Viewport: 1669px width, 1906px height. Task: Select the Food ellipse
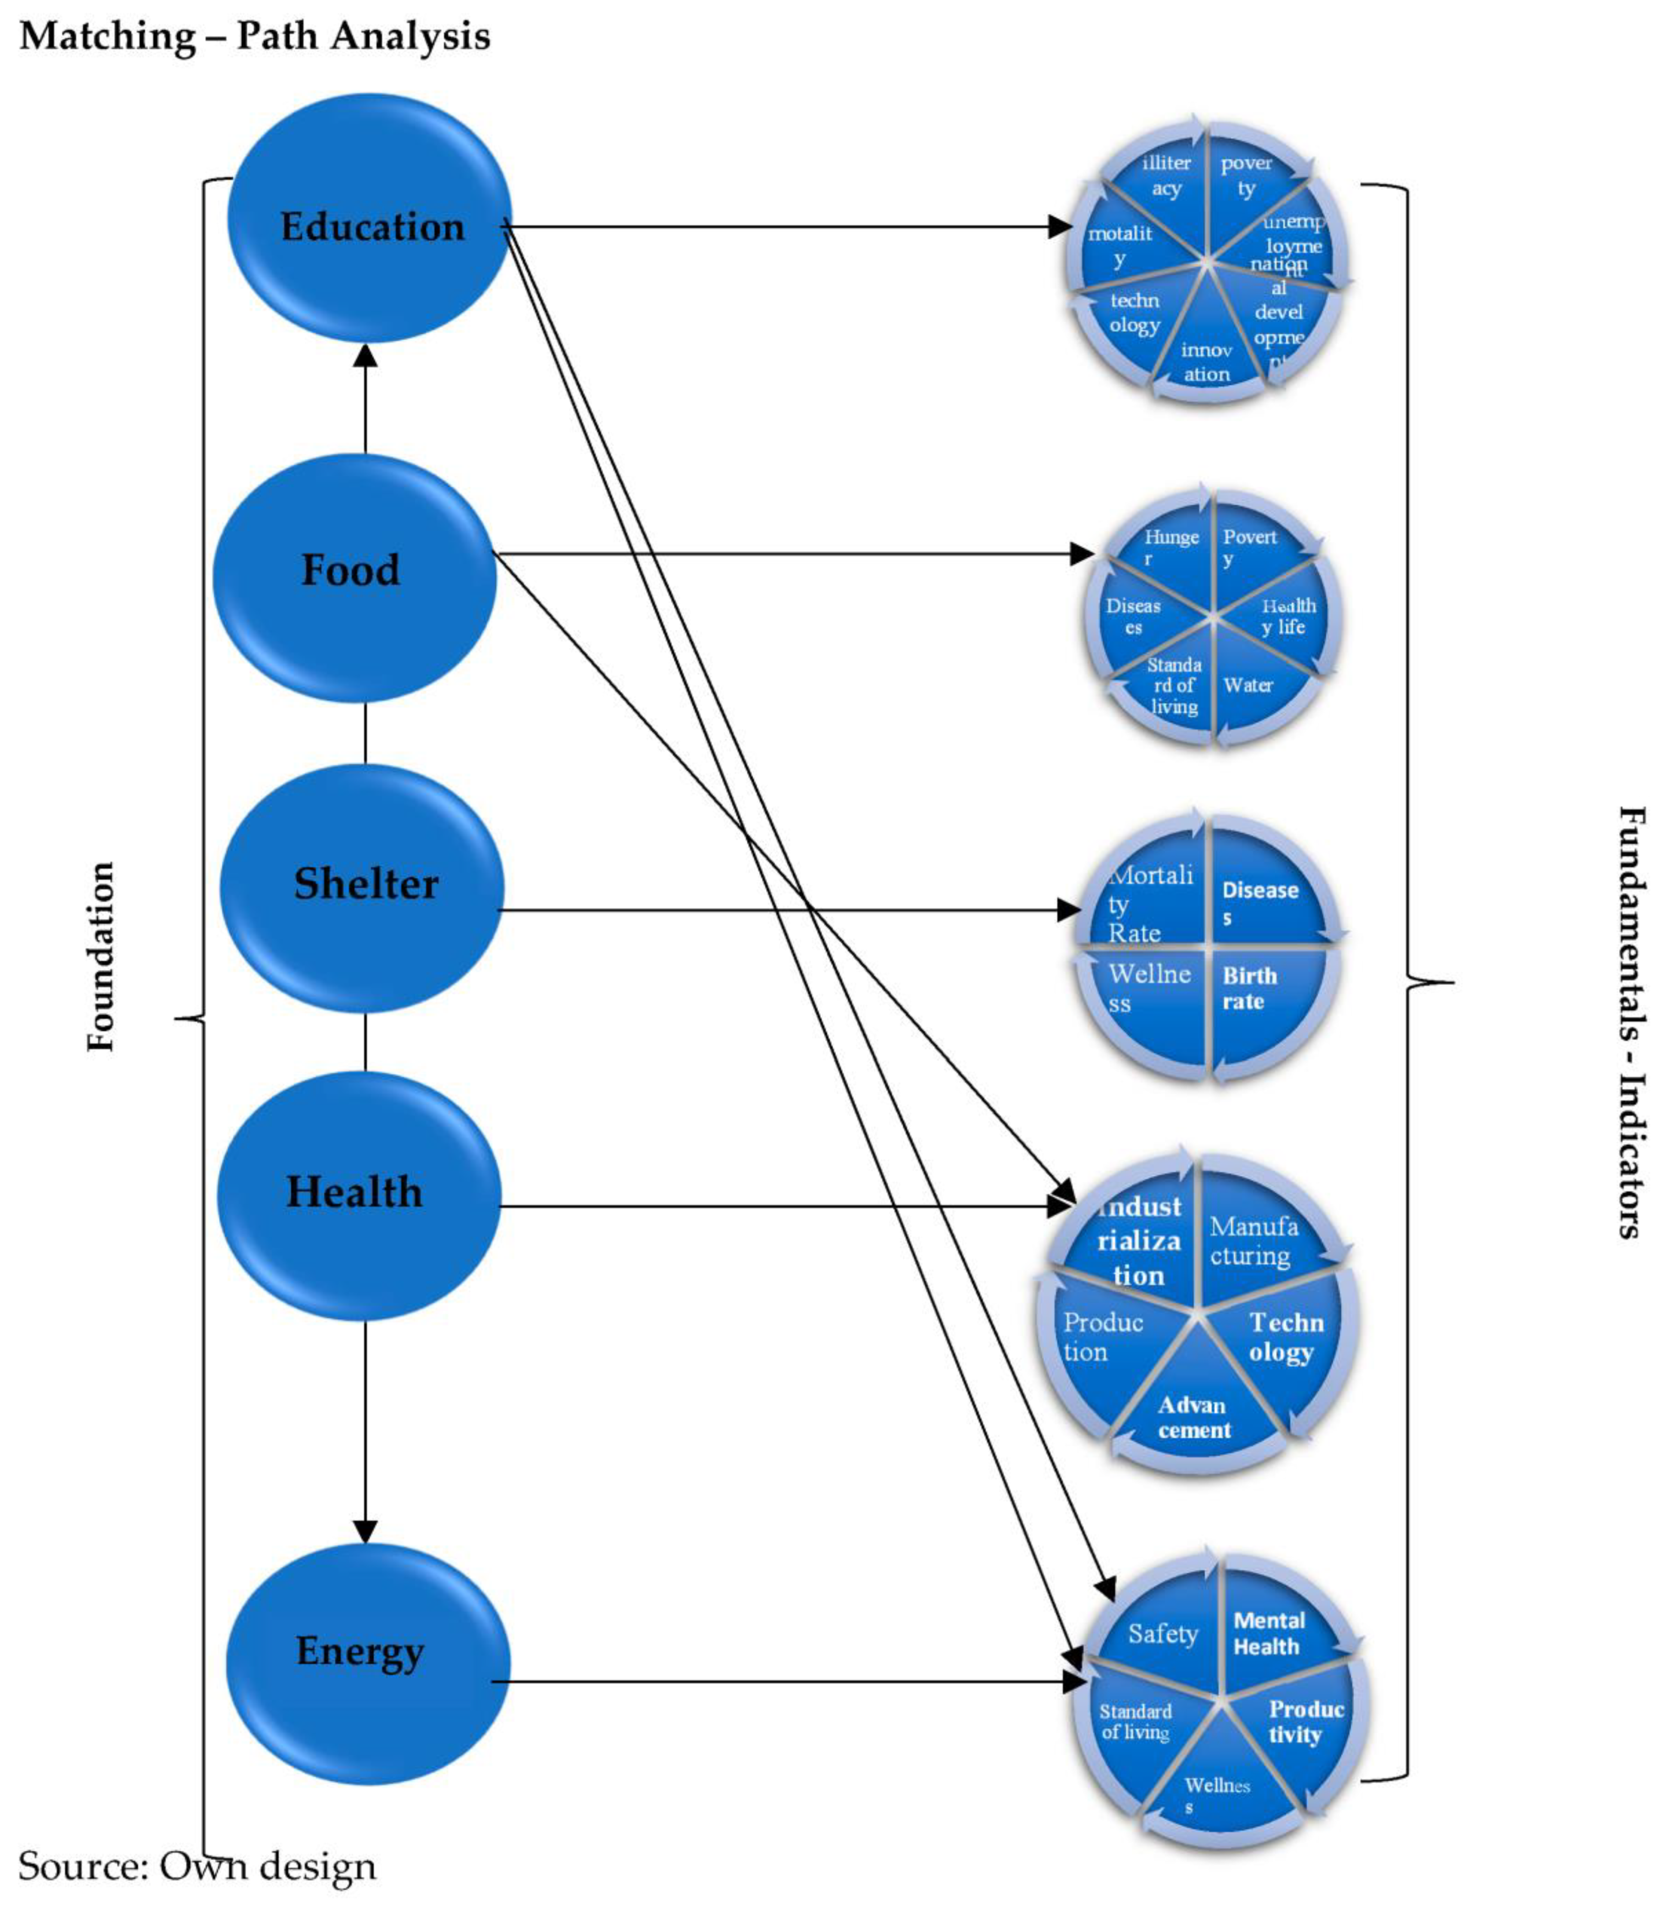pyautogui.click(x=354, y=577)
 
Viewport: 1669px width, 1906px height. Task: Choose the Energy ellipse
pyautogui.click(x=368, y=1664)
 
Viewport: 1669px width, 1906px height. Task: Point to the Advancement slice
pyautogui.click(x=1194, y=1417)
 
